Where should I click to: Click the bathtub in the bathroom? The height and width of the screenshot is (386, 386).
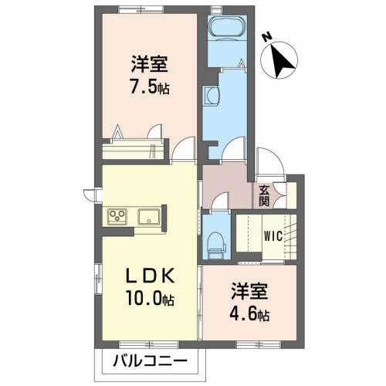point(227,27)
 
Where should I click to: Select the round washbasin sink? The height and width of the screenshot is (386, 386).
point(211,96)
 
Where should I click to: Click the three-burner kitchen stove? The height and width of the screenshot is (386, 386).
point(117,216)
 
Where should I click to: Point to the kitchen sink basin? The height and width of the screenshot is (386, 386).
point(149,216)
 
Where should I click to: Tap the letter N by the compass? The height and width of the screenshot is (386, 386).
point(268,37)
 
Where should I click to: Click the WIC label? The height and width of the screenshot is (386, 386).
point(273,236)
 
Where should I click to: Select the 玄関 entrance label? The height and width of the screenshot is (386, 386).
point(264,196)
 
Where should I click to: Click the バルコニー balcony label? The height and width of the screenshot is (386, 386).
point(150,361)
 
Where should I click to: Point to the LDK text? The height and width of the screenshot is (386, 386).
point(150,276)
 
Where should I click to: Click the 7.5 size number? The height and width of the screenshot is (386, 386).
point(144,86)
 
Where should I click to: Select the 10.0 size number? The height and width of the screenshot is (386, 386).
point(144,298)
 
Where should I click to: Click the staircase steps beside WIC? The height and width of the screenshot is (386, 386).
point(290,237)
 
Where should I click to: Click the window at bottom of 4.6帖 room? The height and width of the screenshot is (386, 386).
point(259,344)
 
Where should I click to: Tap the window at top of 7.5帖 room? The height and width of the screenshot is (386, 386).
point(141,9)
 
